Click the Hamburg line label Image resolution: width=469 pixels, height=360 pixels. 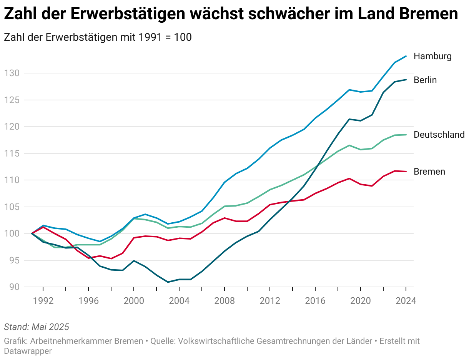[x=432, y=57]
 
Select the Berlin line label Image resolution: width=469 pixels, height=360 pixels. [x=425, y=80]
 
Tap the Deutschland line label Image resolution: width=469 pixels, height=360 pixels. [x=439, y=135]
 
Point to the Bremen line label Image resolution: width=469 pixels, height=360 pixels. [x=429, y=172]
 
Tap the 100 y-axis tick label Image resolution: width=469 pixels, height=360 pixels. [x=11, y=233]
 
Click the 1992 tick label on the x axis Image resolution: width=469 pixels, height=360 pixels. [x=43, y=301]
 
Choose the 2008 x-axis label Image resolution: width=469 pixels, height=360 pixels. [x=225, y=301]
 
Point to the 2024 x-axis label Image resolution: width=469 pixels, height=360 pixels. [x=406, y=301]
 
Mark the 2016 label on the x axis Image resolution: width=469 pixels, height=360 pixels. [x=315, y=301]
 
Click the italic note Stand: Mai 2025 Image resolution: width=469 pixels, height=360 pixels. [x=37, y=327]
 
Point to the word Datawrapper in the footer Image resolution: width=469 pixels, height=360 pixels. [x=28, y=351]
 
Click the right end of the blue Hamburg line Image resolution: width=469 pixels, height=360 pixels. [x=406, y=56]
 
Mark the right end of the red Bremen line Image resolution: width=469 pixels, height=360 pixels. [x=406, y=172]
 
